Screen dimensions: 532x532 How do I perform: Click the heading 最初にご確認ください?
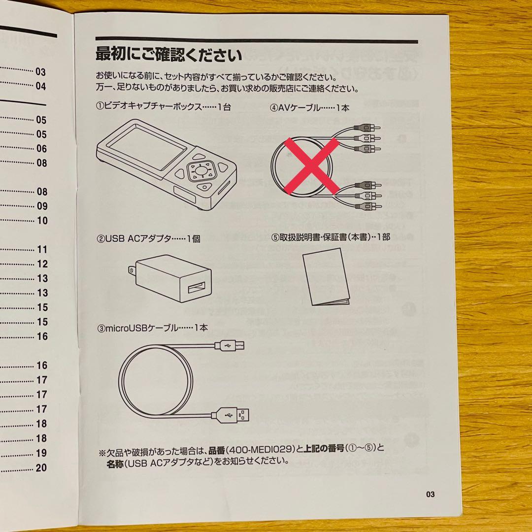click(x=168, y=55)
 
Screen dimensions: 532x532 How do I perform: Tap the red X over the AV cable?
click(x=311, y=166)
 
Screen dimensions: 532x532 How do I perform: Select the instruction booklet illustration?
click(x=326, y=276)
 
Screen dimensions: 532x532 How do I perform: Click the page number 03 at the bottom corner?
click(x=430, y=494)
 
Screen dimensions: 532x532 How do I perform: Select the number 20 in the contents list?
click(x=41, y=467)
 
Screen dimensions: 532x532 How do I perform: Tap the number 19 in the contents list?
click(x=41, y=453)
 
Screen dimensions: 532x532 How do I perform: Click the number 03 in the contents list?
click(x=40, y=71)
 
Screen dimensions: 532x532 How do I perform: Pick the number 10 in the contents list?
click(x=42, y=221)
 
